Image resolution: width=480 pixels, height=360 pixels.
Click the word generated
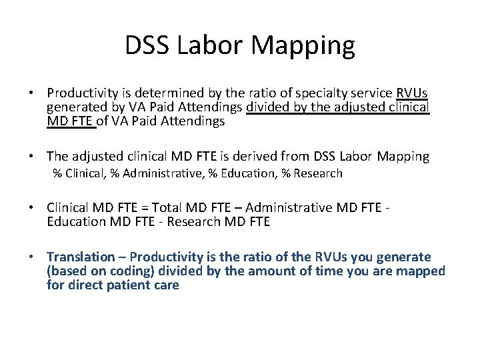(x=75, y=107)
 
